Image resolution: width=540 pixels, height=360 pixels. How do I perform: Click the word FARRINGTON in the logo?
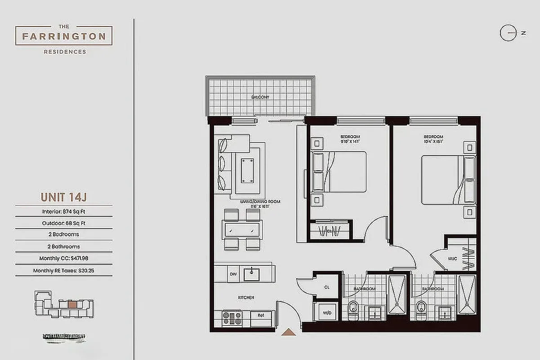tap(64, 36)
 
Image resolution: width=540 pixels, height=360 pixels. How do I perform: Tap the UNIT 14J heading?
tap(64, 197)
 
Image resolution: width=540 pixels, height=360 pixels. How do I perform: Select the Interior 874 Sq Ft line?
tap(64, 211)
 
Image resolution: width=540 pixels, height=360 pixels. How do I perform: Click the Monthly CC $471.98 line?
tap(64, 258)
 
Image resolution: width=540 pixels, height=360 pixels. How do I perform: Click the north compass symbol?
tap(508, 33)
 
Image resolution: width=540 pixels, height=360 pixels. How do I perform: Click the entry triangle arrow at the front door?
tap(288, 333)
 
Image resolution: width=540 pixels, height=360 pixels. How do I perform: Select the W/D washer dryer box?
tap(325, 312)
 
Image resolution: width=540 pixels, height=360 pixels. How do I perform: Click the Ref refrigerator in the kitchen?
tap(260, 315)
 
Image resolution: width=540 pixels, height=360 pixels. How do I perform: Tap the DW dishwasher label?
tap(232, 274)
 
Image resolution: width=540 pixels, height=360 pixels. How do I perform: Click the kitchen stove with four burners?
tap(232, 318)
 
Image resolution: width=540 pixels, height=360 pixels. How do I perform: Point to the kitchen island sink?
tap(250, 273)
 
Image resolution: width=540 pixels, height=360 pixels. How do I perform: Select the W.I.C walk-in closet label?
tap(452, 259)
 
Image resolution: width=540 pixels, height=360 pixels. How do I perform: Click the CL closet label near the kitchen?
tap(327, 287)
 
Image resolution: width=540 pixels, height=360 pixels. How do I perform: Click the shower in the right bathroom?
tap(467, 295)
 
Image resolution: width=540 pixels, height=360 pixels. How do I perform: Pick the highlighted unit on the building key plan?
tap(72, 304)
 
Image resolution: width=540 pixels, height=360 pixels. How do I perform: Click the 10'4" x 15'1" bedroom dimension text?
tap(433, 142)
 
